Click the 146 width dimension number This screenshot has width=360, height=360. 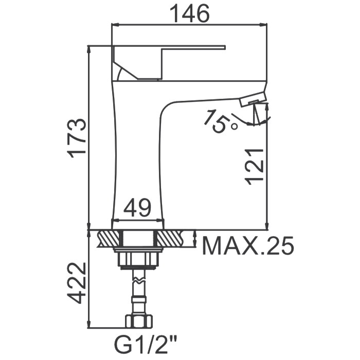click(190, 13)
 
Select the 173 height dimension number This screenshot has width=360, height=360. click(77, 138)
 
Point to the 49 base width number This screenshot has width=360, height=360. click(137, 208)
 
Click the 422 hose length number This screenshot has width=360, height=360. click(77, 283)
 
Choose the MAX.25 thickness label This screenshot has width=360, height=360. click(248, 246)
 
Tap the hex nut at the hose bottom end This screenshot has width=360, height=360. click(139, 321)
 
